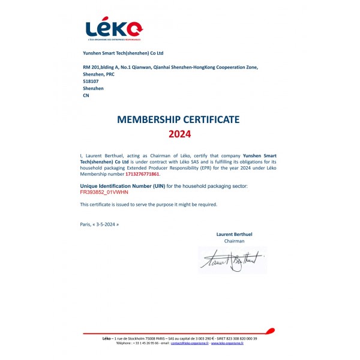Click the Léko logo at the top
(113, 29)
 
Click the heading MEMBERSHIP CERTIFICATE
(179, 119)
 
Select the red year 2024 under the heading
(179, 134)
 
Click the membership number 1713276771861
(142, 174)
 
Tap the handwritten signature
(232, 260)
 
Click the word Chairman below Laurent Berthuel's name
(234, 241)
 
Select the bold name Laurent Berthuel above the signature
(234, 233)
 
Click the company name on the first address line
(122, 53)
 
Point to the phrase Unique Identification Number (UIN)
(121, 187)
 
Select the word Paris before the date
(85, 224)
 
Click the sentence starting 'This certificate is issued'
(148, 205)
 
